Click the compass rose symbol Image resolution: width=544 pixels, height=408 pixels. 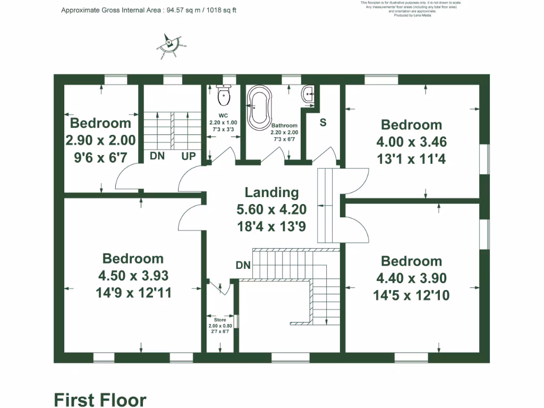(x=169, y=43)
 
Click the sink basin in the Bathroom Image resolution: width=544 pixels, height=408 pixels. (x=308, y=95)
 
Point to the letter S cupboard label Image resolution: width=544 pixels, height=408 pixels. (x=322, y=122)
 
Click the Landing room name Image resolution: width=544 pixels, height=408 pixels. (x=271, y=192)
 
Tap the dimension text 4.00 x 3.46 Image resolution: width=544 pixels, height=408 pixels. (x=412, y=142)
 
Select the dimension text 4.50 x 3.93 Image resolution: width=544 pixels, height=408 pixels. (x=133, y=276)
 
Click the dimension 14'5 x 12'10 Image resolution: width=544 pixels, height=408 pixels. (x=412, y=295)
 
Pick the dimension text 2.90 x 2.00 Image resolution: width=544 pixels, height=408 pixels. (x=100, y=140)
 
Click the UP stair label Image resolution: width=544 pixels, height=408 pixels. (x=189, y=156)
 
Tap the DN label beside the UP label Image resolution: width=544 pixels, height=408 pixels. (x=157, y=156)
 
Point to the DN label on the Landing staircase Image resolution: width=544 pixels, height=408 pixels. (x=243, y=265)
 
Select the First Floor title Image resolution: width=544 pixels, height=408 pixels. (x=100, y=399)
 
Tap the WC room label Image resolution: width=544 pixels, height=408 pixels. (x=223, y=115)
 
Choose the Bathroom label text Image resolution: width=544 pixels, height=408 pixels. (x=285, y=125)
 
